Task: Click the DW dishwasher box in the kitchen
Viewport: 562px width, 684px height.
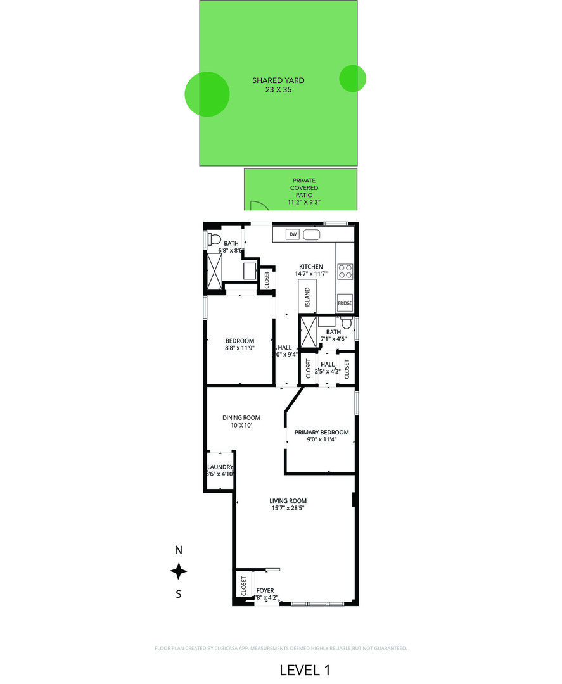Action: pyautogui.click(x=293, y=234)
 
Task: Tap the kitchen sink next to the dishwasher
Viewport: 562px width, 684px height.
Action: pyautogui.click(x=312, y=234)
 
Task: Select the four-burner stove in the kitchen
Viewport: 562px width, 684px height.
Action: pyautogui.click(x=345, y=272)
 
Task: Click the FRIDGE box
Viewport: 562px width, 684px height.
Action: pyautogui.click(x=345, y=303)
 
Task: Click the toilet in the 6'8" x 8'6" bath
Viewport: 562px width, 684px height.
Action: pyautogui.click(x=214, y=240)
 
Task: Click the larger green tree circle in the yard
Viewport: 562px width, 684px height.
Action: pyautogui.click(x=207, y=94)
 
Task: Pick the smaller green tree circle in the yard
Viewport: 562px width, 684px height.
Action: pyautogui.click(x=352, y=78)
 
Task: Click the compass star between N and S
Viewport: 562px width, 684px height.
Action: pyautogui.click(x=179, y=571)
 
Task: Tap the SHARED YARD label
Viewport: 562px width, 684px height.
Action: pyautogui.click(x=278, y=80)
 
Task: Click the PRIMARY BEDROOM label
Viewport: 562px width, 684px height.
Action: pyautogui.click(x=321, y=433)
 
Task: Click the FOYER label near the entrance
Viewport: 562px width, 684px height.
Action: pyautogui.click(x=265, y=590)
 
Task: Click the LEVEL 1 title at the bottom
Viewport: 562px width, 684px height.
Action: pyautogui.click(x=305, y=669)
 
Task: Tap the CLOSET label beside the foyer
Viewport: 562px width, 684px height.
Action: pyautogui.click(x=243, y=585)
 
